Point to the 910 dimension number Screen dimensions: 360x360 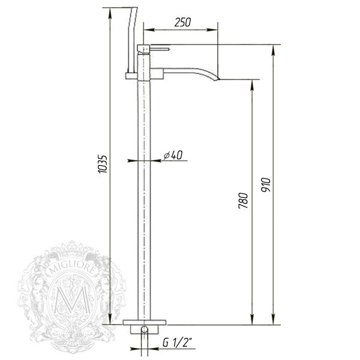click(266, 183)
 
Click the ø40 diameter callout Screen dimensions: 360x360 click(172, 155)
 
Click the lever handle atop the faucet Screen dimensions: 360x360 click(158, 47)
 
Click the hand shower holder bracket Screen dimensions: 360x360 click(131, 74)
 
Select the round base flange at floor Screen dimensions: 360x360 click(144, 328)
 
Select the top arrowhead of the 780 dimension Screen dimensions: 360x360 click(251, 83)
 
